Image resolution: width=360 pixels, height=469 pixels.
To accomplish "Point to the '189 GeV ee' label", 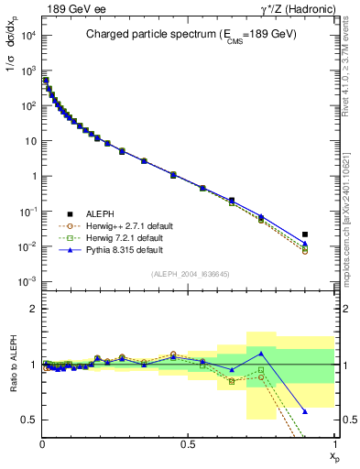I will pos(69,8).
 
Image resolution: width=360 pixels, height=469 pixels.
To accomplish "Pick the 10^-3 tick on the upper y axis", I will pos(27,281).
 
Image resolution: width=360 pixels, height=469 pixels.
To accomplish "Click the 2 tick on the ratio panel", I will pos(32,309).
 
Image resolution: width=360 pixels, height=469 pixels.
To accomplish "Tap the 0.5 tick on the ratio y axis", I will pos(28,420).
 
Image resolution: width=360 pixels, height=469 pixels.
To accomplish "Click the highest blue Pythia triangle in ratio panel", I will pos(261,353).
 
